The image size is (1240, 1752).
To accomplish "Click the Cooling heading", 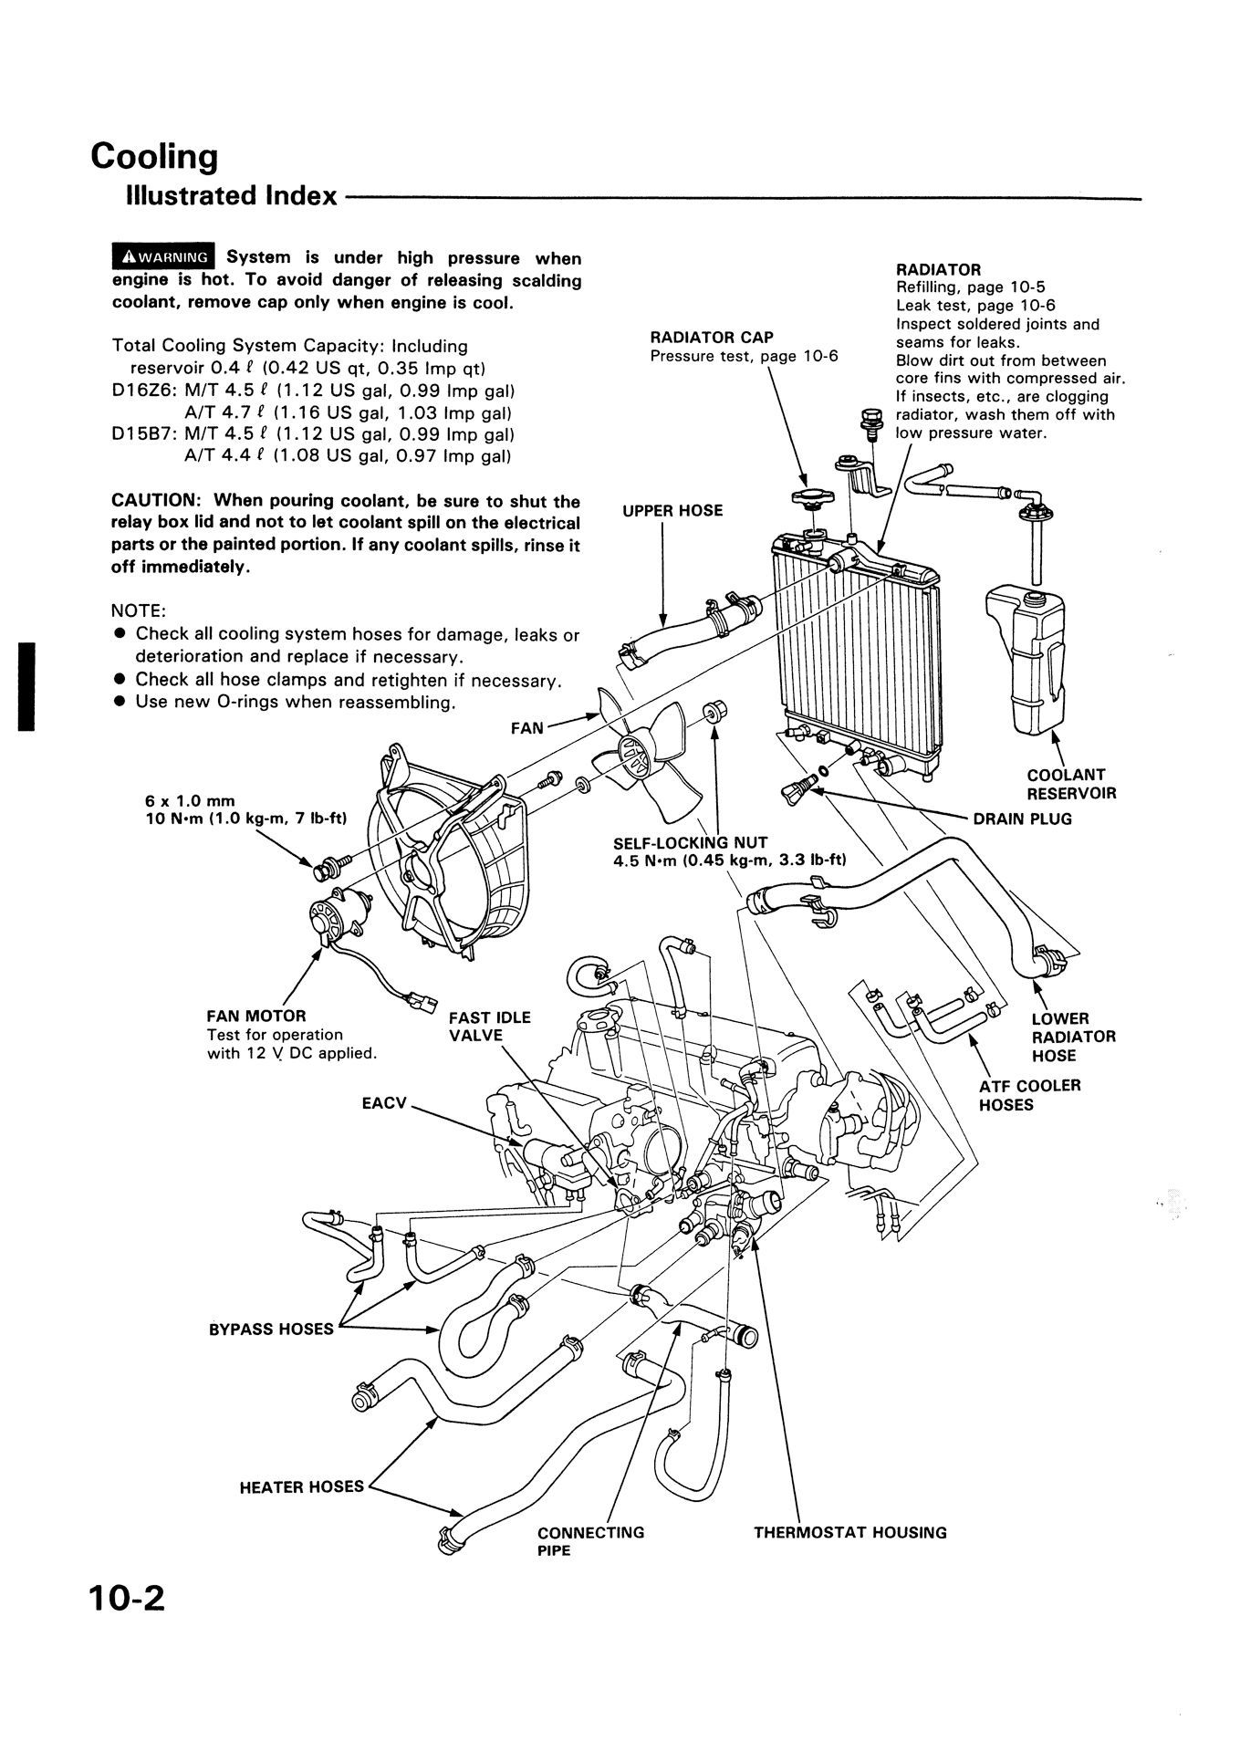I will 154,156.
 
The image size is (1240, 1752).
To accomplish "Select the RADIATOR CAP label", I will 712,338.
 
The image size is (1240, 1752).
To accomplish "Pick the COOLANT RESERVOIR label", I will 1070,784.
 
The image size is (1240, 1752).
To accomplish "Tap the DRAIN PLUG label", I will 1022,819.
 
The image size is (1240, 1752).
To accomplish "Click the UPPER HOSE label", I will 672,511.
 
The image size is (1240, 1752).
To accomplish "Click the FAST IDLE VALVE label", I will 489,1026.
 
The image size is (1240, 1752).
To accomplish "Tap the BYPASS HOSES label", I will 271,1329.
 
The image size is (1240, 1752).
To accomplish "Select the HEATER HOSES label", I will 301,1486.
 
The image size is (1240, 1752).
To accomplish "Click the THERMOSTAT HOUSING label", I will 849,1532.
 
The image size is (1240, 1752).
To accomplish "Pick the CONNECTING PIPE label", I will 590,1540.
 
